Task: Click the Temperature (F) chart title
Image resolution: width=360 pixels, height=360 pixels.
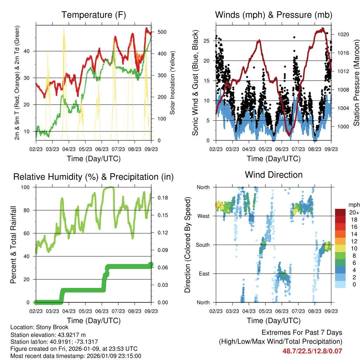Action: (94, 15)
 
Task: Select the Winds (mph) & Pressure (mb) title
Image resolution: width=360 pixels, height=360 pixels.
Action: (274, 15)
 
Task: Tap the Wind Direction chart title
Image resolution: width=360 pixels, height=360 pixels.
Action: (274, 175)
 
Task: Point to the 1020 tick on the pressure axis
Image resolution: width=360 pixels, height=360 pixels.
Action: (342, 34)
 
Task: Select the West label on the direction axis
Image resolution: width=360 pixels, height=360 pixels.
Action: (203, 216)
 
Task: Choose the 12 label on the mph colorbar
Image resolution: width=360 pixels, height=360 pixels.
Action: (354, 241)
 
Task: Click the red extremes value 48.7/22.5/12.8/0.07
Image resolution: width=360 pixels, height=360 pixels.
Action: (312, 351)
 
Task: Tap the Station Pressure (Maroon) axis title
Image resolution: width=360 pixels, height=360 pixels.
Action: (356, 83)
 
